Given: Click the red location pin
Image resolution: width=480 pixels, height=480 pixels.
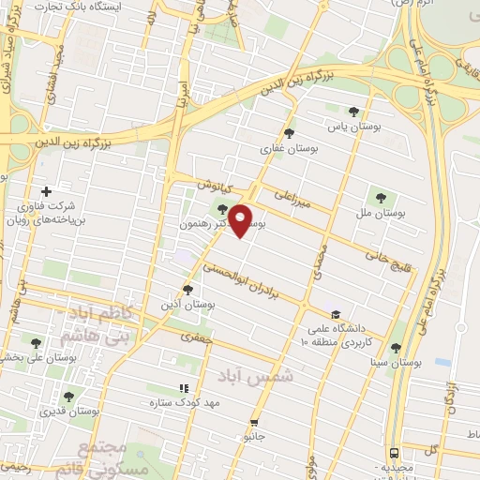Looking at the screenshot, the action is pyautogui.click(x=242, y=220).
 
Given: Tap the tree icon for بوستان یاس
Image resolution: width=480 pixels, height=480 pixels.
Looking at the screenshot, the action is pyautogui.click(x=352, y=111).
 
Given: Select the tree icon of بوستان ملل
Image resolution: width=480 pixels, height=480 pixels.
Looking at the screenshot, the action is pyautogui.click(x=380, y=198).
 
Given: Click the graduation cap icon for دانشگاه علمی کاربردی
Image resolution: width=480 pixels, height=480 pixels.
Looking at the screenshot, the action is pyautogui.click(x=336, y=315).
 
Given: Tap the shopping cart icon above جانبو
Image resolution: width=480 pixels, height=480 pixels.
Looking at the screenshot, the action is pyautogui.click(x=252, y=423).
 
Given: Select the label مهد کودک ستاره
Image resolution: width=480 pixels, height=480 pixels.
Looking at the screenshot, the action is pyautogui.click(x=184, y=403).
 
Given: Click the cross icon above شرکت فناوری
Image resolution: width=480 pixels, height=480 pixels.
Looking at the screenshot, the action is pyautogui.click(x=46, y=191).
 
